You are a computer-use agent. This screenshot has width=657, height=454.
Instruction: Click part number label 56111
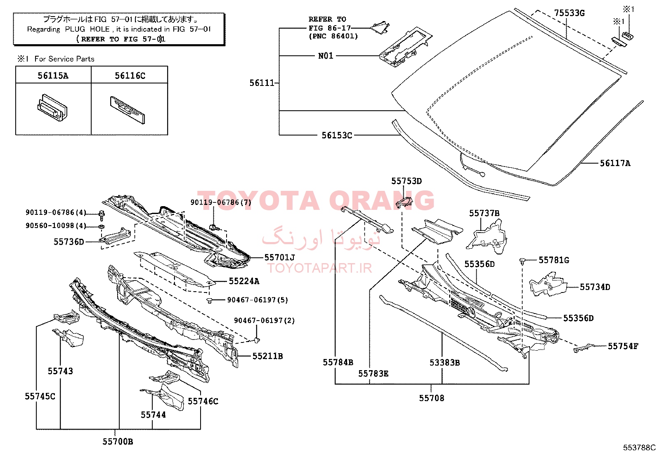click(262, 83)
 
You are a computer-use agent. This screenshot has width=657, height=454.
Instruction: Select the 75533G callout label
click(569, 13)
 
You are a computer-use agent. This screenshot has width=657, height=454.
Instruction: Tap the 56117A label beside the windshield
click(615, 163)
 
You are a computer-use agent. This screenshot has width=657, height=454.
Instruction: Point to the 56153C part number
click(337, 135)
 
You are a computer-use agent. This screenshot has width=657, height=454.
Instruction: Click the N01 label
click(326, 56)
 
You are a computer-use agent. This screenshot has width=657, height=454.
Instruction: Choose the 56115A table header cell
click(53, 76)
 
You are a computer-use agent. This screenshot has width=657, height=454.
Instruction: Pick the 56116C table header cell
click(130, 76)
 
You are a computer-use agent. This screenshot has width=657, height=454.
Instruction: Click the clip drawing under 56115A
click(52, 108)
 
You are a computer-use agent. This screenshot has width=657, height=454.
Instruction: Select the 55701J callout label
click(279, 257)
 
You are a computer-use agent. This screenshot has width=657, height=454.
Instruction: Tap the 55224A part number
click(244, 281)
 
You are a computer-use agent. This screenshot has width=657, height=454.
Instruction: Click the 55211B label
click(267, 356)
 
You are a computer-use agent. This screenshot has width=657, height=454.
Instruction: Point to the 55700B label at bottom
click(118, 442)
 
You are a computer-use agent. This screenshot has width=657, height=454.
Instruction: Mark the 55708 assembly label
click(431, 398)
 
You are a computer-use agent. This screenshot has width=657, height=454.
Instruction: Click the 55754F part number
click(623, 346)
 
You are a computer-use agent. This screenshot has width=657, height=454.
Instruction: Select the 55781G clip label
click(554, 260)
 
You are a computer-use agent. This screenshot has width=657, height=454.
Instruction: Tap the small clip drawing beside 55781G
click(522, 261)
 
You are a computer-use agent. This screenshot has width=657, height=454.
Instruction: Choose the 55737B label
click(484, 213)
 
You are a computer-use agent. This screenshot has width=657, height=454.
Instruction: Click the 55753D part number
click(406, 181)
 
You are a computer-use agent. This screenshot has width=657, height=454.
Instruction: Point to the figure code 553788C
click(639, 447)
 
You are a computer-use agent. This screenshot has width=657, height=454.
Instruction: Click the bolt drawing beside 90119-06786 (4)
click(102, 216)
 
